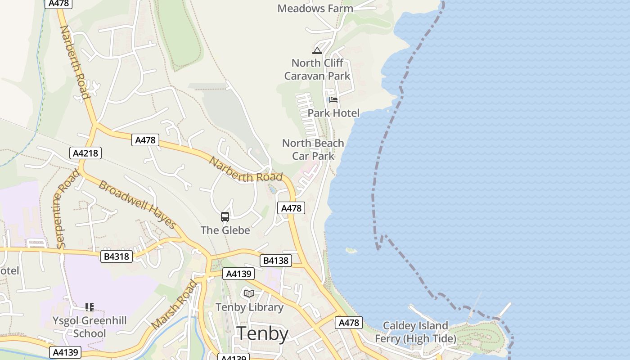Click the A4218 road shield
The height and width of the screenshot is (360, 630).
pyautogui.click(x=85, y=153)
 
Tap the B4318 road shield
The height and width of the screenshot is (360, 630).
pyautogui.click(x=117, y=256)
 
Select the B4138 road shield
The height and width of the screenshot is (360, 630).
pyautogui.click(x=275, y=260)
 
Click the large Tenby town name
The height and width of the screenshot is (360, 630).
pyautogui.click(x=263, y=334)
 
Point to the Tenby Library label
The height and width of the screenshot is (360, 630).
pyautogui.click(x=249, y=307)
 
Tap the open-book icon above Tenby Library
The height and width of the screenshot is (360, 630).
pyautogui.click(x=249, y=293)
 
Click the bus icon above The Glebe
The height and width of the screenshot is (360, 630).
pyautogui.click(x=225, y=217)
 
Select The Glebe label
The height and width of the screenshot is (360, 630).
pyautogui.click(x=225, y=230)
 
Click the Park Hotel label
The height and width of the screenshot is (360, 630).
pyautogui.click(x=333, y=113)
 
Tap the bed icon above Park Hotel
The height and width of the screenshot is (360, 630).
pyautogui.click(x=333, y=99)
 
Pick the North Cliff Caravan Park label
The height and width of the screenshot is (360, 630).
pyautogui.click(x=317, y=69)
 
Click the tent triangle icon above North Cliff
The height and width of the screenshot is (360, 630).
pyautogui.click(x=317, y=50)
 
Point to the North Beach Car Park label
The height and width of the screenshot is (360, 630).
pyautogui.click(x=313, y=149)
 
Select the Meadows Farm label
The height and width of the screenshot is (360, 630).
pyautogui.click(x=315, y=9)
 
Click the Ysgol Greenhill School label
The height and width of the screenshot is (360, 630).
pyautogui.click(x=90, y=327)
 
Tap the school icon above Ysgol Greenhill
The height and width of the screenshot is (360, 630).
pyautogui.click(x=90, y=307)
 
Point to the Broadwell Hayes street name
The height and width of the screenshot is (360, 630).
pyautogui.click(x=137, y=205)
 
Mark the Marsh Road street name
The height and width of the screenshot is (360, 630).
pyautogui.click(x=174, y=305)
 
